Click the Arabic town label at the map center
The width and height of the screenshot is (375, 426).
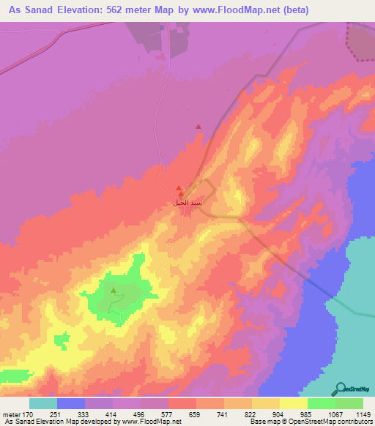click(x=186, y=202)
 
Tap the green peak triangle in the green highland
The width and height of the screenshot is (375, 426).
click(x=114, y=291)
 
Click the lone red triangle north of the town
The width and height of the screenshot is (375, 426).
click(x=198, y=127)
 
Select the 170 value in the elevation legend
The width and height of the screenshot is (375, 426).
click(x=26, y=415)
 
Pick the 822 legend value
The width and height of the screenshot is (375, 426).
click(x=240, y=415)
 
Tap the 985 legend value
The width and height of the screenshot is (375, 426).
click(x=295, y=415)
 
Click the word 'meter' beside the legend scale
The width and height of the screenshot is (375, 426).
click(x=10, y=415)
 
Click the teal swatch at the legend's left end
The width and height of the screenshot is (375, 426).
click(x=43, y=403)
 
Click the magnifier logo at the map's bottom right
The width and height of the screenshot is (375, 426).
click(x=341, y=389)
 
